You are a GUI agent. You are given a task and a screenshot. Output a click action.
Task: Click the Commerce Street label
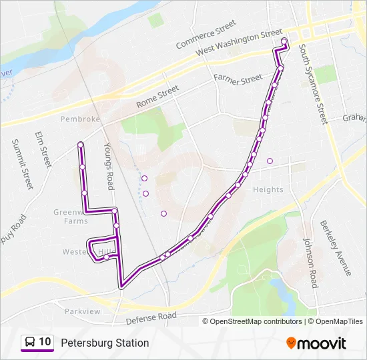(x=206, y=35)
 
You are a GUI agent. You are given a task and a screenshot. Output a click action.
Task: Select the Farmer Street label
(x=238, y=79)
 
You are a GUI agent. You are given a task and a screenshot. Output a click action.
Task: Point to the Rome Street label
(x=157, y=97)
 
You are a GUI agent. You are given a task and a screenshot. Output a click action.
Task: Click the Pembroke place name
(x=79, y=119)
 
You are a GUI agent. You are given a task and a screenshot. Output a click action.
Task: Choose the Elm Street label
(x=43, y=149)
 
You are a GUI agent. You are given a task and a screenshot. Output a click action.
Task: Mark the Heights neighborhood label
(x=268, y=190)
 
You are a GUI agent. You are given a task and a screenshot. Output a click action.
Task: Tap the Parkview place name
(x=82, y=311)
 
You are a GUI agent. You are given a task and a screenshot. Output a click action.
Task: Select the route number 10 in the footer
(x=45, y=342)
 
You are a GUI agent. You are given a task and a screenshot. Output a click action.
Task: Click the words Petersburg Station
(x=105, y=343)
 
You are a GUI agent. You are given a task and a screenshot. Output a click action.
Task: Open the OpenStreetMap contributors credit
(x=256, y=321)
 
